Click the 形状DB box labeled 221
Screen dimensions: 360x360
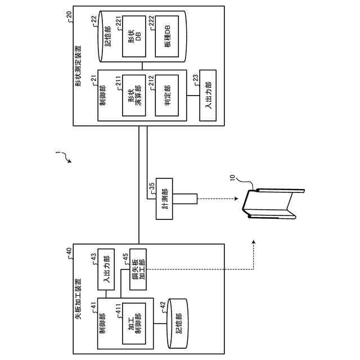tap(134, 36)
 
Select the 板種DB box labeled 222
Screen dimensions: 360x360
tap(167, 36)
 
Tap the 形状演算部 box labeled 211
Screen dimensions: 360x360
tap(134, 95)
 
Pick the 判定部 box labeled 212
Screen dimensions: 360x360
tap(167, 95)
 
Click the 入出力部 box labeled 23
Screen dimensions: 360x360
tap(208, 96)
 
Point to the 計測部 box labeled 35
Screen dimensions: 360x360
tap(164, 199)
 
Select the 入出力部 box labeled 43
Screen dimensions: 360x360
tap(106, 269)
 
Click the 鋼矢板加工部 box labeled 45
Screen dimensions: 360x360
tap(138, 269)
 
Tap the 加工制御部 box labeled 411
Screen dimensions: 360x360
tap(134, 323)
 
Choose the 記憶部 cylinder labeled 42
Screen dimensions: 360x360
tap(178, 323)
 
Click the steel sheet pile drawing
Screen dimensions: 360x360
tap(273, 204)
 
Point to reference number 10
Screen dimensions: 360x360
tap(232, 178)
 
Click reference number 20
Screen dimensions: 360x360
tap(69, 15)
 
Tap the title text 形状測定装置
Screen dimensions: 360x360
tap(78, 66)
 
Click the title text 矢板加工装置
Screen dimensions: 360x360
tap(78, 299)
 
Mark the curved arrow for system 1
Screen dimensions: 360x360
tap(64, 156)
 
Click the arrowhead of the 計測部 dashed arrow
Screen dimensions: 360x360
tap(236, 199)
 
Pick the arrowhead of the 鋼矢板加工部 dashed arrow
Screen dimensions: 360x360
tap(254, 242)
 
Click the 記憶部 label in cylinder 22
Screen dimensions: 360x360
tap(107, 36)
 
